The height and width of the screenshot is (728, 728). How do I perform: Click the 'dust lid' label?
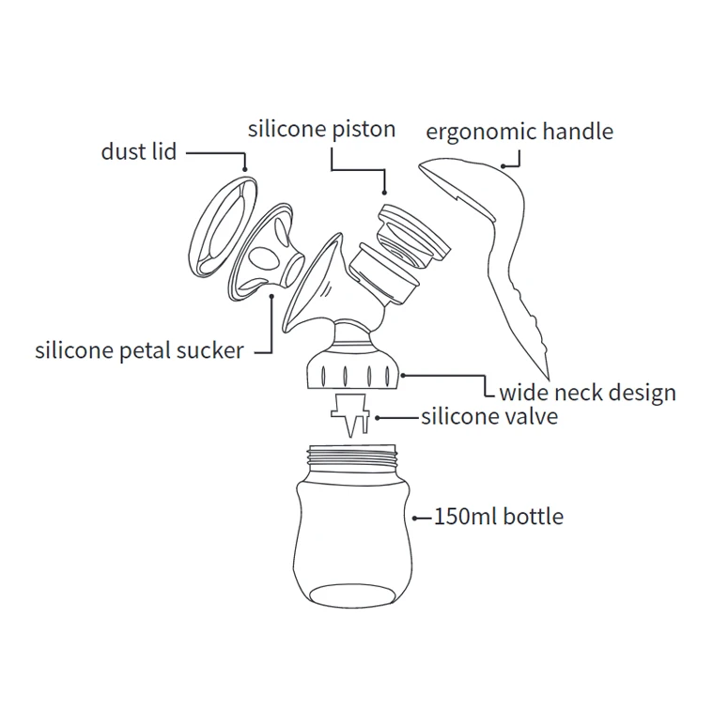tap(138, 151)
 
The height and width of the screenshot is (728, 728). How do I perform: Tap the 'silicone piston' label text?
tap(321, 129)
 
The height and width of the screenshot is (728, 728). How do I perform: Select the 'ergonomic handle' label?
tap(519, 131)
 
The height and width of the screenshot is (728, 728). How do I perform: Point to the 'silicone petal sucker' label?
tap(139, 351)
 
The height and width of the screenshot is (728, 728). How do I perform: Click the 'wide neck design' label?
tap(587, 392)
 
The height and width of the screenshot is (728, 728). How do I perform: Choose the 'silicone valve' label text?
tap(489, 415)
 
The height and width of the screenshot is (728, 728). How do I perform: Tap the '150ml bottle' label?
tap(499, 516)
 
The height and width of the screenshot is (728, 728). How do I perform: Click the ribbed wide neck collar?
tap(353, 374)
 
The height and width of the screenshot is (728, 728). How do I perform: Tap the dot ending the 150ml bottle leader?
tap(413, 516)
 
